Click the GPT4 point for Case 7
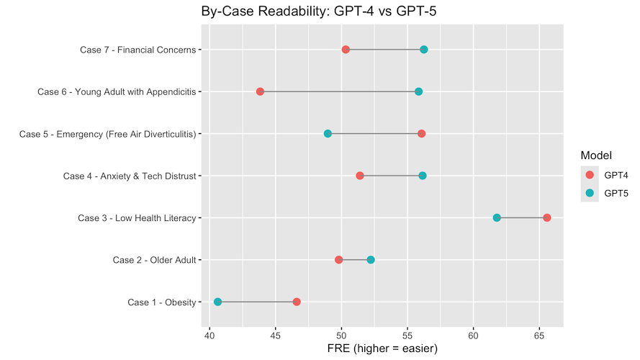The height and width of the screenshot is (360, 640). [346, 50]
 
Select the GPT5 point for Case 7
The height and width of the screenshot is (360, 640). [424, 50]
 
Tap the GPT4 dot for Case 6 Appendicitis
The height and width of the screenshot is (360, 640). [260, 91]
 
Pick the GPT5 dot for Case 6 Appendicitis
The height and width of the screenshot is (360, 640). [418, 91]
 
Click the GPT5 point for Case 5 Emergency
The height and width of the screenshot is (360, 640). [328, 134]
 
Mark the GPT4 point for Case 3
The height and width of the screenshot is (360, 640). [547, 218]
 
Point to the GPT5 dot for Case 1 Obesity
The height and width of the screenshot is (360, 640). [217, 302]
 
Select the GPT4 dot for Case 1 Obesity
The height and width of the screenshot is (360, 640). [297, 302]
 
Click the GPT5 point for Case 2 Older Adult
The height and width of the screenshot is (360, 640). [371, 260]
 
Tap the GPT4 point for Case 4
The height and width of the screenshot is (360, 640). [360, 176]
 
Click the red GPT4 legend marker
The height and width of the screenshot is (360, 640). [590, 175]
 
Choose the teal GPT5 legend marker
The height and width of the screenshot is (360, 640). [590, 192]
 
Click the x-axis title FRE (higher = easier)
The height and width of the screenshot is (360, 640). [382, 348]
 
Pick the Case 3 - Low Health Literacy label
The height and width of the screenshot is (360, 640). [137, 218]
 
